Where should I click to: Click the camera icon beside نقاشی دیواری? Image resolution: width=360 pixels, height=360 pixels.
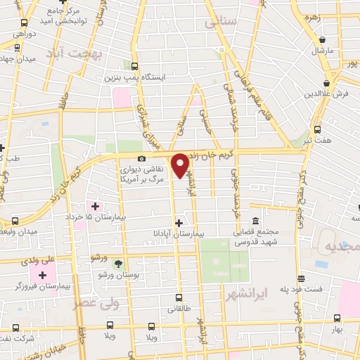pos(142,159)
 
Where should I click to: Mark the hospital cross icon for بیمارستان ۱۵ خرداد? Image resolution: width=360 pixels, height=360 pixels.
pos(96,206)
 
